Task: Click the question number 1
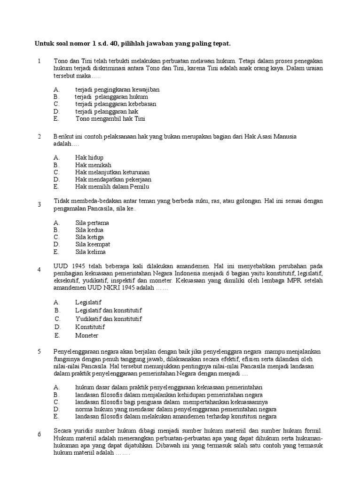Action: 40,61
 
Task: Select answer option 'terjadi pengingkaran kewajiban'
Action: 117,89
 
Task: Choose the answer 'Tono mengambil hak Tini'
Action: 110,119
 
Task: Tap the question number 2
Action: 39,136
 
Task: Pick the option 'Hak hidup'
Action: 89,157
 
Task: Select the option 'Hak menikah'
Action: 93,164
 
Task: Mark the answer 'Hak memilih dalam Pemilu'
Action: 112,186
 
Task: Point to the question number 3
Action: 39,205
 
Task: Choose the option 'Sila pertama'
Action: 92,222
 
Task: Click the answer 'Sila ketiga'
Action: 89,237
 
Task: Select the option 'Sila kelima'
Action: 90,252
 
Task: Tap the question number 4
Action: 39,270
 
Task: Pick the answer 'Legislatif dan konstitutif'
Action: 109,310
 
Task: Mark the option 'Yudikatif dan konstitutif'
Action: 109,319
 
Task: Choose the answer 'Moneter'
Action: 87,335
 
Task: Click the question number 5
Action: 39,351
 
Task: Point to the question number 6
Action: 39,434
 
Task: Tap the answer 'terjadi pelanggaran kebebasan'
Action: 116,104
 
